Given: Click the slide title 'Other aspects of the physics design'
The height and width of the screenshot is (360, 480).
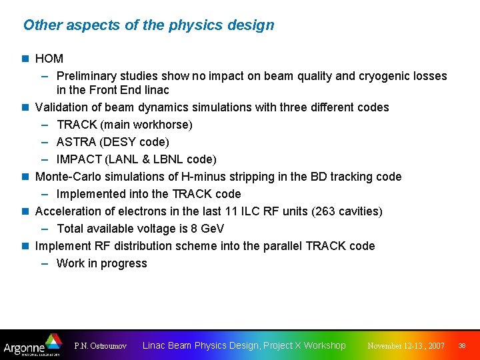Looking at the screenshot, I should [149, 25].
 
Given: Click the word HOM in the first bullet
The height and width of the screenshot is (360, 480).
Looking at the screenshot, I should [49, 59].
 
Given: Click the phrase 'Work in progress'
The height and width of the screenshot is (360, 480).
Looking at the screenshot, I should [101, 263].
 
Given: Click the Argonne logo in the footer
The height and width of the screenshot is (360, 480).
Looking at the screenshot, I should [32, 345].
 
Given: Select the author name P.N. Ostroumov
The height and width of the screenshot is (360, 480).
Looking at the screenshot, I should [101, 346].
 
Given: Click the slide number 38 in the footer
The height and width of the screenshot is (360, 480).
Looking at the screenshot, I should [462, 346].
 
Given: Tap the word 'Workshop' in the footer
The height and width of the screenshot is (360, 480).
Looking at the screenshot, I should [325, 345].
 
